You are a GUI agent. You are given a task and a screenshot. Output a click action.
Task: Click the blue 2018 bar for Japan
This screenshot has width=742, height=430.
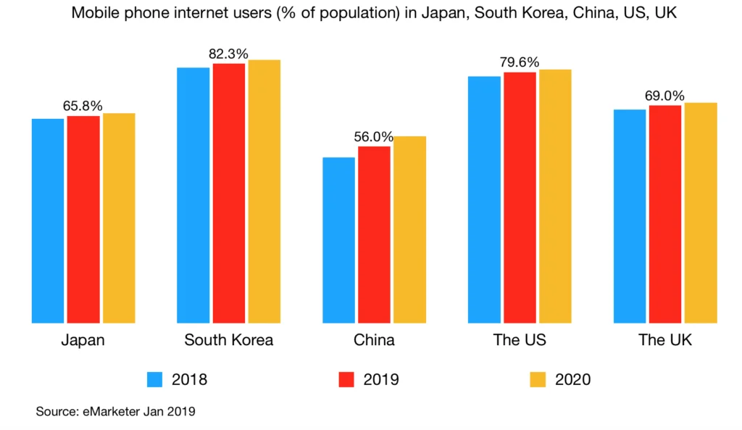48,220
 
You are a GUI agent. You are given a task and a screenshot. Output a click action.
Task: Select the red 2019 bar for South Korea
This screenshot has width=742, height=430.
229,193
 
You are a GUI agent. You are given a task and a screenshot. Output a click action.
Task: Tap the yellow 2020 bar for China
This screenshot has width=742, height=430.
409,229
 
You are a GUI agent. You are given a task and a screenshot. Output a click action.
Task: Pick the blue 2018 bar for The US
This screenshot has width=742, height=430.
484,199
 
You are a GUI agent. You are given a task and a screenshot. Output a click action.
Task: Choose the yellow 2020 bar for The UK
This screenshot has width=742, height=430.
701,212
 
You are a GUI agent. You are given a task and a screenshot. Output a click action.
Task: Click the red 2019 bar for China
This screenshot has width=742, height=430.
374,234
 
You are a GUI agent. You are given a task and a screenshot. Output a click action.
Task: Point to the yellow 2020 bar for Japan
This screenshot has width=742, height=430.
119,218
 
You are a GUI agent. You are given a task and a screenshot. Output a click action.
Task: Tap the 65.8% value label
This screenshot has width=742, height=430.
83,106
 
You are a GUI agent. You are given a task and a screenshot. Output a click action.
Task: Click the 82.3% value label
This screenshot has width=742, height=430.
228,54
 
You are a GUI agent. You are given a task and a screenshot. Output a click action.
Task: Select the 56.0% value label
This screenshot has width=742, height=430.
373,136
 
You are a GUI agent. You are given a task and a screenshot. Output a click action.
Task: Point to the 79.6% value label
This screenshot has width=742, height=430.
520,62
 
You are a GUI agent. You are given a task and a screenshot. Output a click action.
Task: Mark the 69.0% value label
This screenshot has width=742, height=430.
664,96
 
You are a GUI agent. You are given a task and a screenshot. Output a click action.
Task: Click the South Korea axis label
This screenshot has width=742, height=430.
228,340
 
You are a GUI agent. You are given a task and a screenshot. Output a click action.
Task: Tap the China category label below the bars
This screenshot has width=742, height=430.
374,340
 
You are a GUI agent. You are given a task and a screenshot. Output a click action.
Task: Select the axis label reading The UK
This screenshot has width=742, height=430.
664,340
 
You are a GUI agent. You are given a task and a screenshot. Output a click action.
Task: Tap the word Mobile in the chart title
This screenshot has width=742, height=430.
94,14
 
